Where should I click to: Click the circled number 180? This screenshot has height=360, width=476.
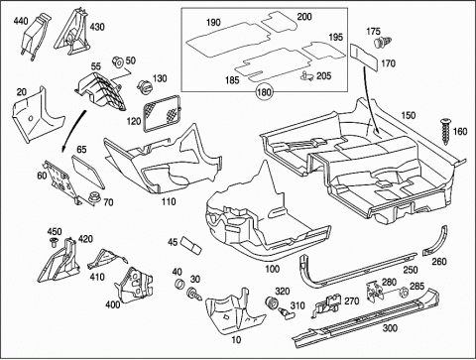point(264,91)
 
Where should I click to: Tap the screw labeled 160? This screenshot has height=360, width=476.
point(445,131)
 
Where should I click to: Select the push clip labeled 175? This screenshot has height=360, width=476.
point(382,42)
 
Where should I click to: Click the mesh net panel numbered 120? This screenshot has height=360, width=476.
point(162,113)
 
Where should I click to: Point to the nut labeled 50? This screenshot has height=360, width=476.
point(117,61)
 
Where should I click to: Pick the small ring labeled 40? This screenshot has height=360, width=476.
point(179,284)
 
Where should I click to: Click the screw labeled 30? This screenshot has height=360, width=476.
point(193,294)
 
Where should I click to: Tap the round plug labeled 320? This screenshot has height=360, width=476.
point(272,302)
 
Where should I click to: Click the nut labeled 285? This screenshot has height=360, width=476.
point(403,293)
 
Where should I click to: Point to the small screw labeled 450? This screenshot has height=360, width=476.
point(54,242)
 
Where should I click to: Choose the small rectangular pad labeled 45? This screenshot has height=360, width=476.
point(190,245)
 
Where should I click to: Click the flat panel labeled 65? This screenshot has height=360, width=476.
point(88,172)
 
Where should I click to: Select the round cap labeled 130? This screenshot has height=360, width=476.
point(144,87)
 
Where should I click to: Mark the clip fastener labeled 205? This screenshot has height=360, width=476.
point(307,76)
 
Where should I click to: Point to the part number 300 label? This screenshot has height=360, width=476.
point(390,328)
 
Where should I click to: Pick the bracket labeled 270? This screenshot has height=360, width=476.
point(326,303)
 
